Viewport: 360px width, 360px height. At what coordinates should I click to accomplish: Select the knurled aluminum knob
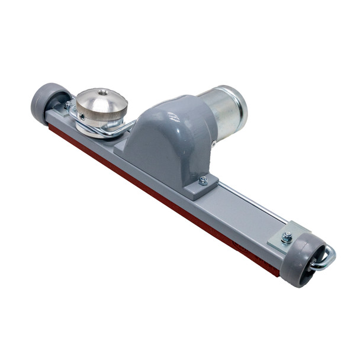click(x=101, y=107)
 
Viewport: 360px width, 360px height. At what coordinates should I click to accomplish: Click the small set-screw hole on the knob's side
click(x=82, y=117)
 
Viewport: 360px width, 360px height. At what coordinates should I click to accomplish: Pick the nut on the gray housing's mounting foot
click(x=203, y=181)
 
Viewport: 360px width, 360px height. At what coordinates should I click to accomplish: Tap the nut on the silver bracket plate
click(x=287, y=237)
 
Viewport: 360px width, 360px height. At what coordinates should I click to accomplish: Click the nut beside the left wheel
click(x=69, y=105)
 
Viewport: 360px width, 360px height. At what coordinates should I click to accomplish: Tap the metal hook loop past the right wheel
click(x=324, y=259)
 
